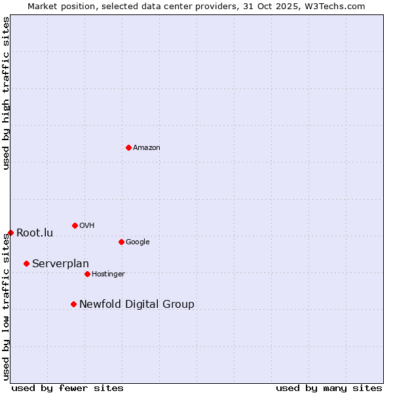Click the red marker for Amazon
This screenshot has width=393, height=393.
(128, 147)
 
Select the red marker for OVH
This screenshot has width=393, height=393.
(75, 225)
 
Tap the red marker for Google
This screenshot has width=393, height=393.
(121, 242)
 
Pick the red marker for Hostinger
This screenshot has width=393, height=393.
(87, 274)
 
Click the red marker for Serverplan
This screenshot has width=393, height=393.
(26, 263)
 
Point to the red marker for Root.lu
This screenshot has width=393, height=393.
(10, 233)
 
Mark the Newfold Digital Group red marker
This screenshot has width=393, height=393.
(73, 304)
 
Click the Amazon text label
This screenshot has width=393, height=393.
(147, 148)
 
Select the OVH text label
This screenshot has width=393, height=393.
(87, 226)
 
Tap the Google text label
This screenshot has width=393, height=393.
(138, 242)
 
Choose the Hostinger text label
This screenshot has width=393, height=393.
(108, 274)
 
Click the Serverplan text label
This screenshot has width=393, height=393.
(60, 264)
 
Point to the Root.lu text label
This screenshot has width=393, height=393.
(35, 233)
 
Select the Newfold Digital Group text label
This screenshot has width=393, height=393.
(136, 305)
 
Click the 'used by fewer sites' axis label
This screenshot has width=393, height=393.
(67, 388)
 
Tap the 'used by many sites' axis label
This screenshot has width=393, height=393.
(329, 388)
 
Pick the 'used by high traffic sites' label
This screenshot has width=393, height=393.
(6, 93)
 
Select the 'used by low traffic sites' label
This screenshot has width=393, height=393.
(6, 307)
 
